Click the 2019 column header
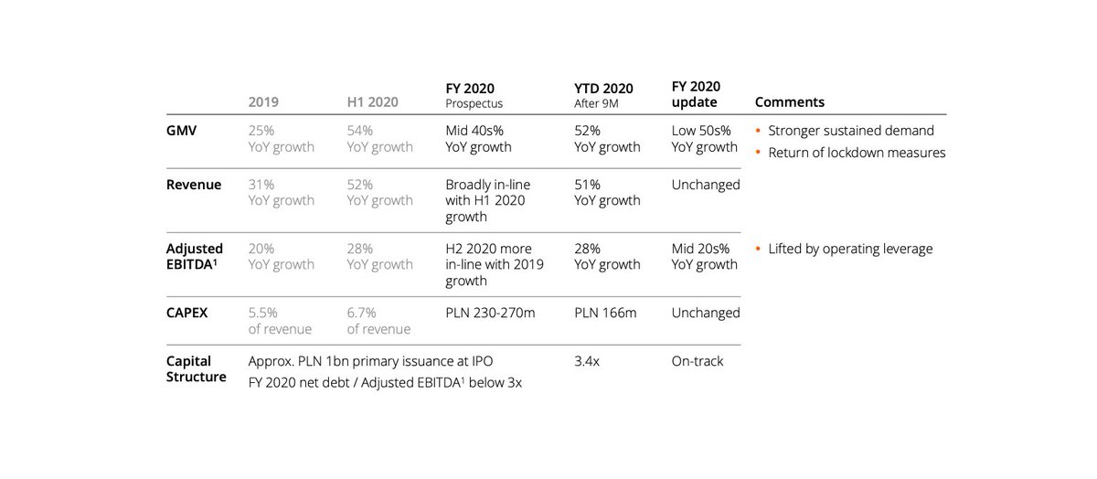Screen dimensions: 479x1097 [263, 102]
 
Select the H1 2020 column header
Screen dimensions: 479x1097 [372, 102]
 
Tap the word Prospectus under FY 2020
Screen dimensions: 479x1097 [474, 104]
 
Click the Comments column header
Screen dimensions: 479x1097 [789, 102]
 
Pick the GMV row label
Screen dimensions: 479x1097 [183, 130]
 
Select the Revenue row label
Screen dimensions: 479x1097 [194, 185]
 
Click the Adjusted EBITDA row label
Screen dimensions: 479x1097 [196, 256]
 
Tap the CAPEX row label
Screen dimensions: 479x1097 [187, 313]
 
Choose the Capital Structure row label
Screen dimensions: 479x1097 [196, 368]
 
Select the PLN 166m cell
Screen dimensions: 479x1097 [605, 313]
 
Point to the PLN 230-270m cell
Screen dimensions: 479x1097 [490, 313]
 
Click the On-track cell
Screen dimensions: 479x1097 [698, 361]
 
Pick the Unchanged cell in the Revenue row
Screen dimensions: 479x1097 [706, 185]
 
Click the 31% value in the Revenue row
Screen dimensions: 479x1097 [261, 185]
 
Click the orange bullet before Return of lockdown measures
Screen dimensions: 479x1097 [759, 153]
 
